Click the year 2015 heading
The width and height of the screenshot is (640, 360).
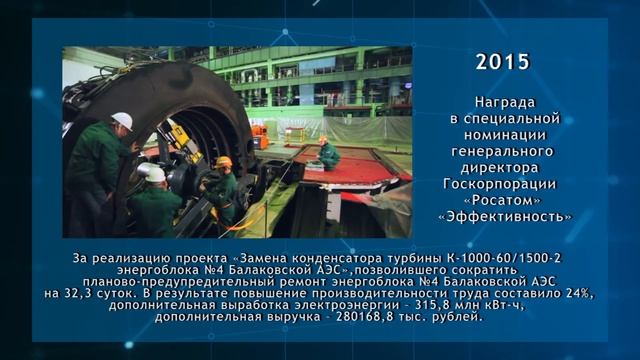click(x=503, y=62)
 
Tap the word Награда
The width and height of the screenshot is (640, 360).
click(x=505, y=102)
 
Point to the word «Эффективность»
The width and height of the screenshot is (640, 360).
click(x=505, y=216)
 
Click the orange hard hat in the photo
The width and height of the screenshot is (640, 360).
click(x=224, y=162)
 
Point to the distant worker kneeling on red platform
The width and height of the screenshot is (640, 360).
click(x=327, y=152)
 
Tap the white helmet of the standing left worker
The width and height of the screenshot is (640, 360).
click(x=122, y=120)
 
